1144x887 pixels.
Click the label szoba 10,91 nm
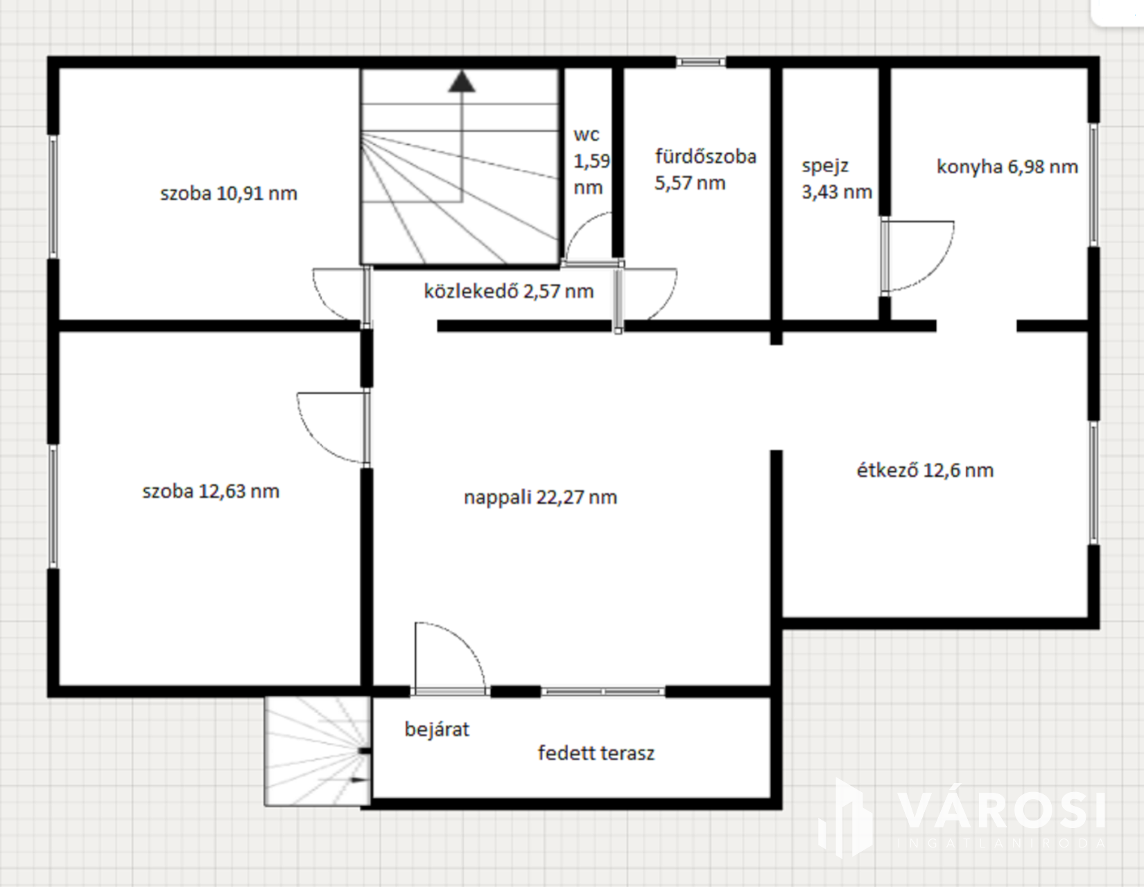[x=229, y=193]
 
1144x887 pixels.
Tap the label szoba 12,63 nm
[x=211, y=491]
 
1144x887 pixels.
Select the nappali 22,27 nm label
[x=540, y=497]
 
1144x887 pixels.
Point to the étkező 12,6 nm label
[x=925, y=470]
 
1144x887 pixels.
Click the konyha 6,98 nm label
[x=1007, y=167]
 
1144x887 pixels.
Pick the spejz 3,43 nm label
[x=837, y=179]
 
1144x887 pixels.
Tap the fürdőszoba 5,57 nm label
[x=705, y=169]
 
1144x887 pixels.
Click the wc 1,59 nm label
[x=591, y=161]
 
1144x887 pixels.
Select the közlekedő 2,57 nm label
[x=509, y=291]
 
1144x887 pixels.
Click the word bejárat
[x=437, y=729]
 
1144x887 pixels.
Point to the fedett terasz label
[x=596, y=753]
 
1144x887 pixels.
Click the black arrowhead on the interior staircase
[x=462, y=82]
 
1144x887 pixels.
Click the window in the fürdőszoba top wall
[x=701, y=62]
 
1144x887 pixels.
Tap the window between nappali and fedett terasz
[x=603, y=692]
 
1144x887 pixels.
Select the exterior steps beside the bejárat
[x=318, y=750]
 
